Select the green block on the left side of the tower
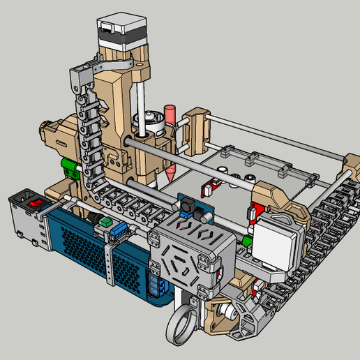tap(70, 169)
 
